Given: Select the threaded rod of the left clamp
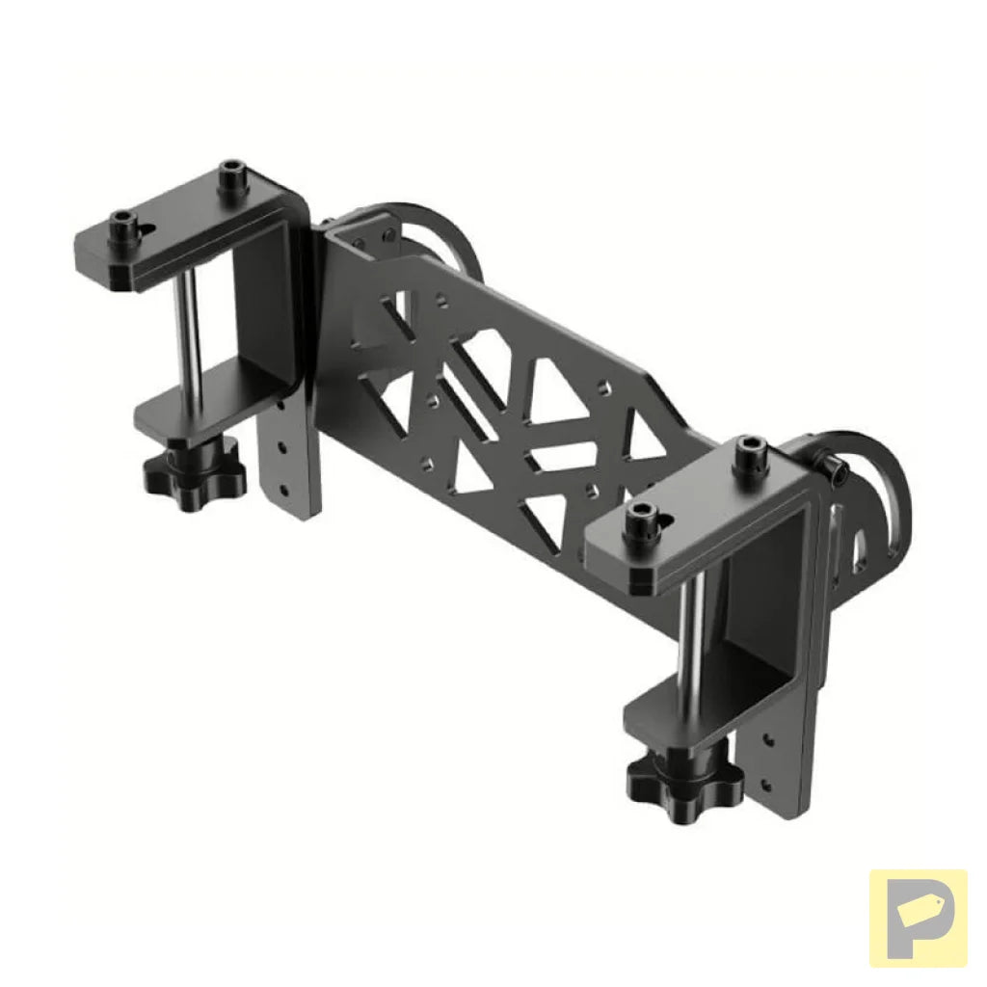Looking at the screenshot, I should pos(189,328).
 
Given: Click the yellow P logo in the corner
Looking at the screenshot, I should pos(917,917).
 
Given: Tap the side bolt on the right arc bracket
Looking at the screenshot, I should pos(834,468).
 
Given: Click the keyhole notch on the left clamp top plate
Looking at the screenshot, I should pos(149,227).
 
